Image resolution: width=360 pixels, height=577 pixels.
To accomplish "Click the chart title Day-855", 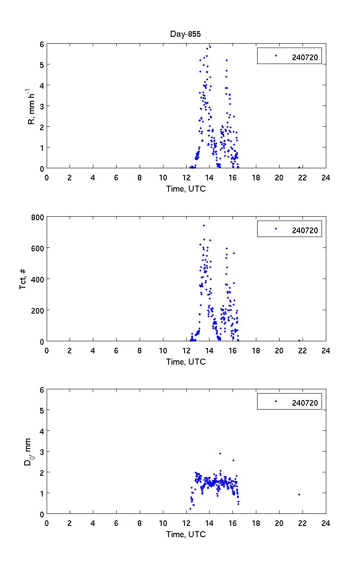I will pos(186,35).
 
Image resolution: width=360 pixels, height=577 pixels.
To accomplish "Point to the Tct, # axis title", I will pos(23,279).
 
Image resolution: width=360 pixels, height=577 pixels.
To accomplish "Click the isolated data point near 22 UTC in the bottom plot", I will pos(299,494).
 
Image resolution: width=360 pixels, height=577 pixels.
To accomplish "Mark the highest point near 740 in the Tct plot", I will pos(204,225).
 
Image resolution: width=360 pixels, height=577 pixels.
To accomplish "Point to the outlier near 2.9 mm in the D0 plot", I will pos(220,453).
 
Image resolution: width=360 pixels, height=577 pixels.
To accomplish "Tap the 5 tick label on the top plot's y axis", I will pos(41,65).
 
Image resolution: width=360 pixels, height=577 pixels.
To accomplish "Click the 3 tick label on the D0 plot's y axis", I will pos(41,452).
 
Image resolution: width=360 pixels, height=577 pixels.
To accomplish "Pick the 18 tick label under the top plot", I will pos(256,177).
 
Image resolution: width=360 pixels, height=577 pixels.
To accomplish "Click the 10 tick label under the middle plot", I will pos(163,351).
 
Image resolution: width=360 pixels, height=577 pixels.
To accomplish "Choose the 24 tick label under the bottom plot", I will pos(325,523).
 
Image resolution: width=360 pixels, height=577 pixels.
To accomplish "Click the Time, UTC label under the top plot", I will pos(186,189).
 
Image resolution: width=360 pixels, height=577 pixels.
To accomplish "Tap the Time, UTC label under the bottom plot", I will pos(186,535).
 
